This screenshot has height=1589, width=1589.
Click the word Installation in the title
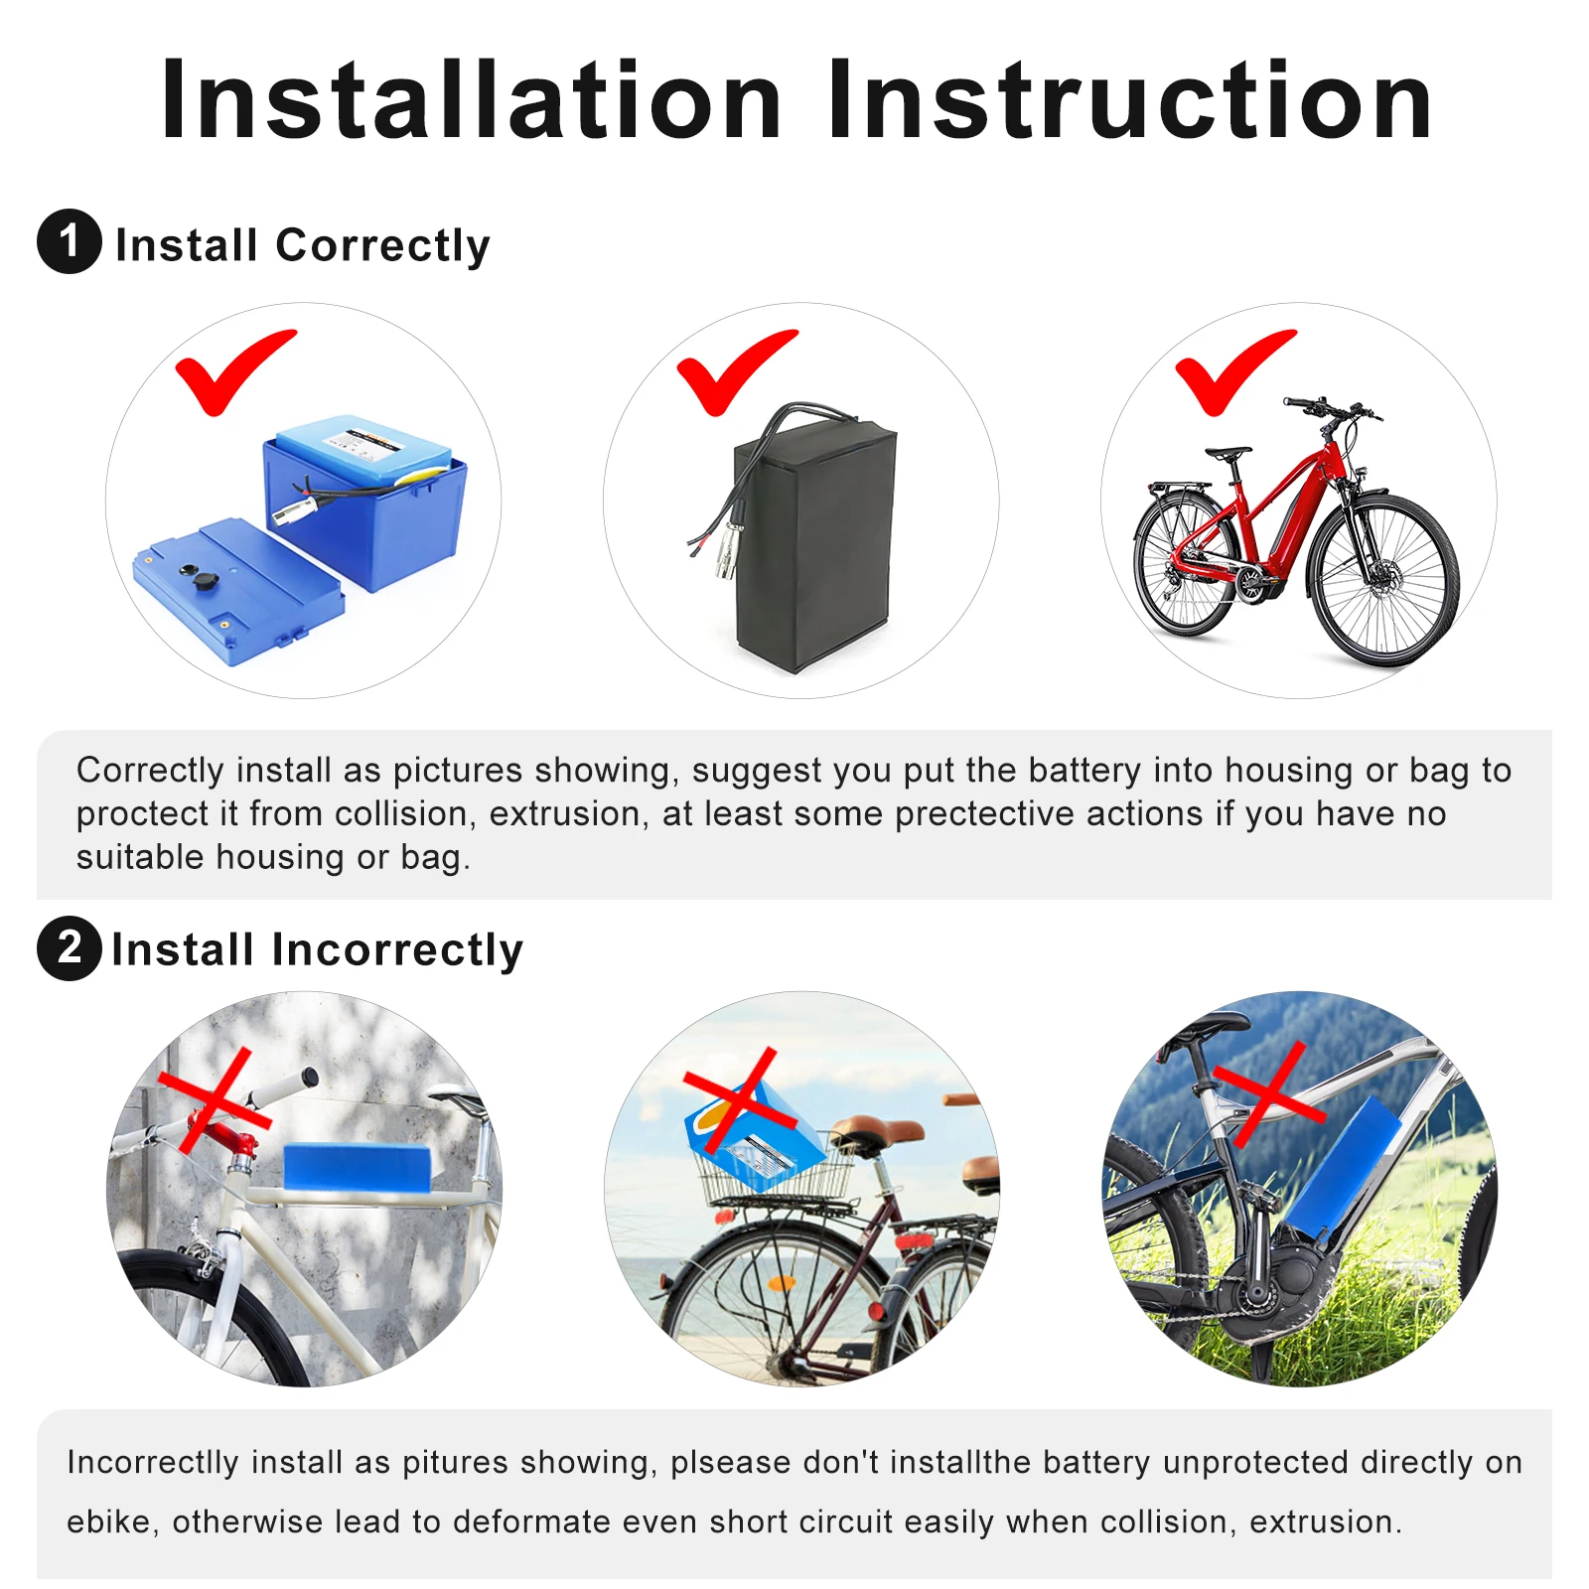[472, 101]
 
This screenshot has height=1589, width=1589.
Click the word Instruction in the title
[1129, 101]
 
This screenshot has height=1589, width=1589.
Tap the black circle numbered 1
[69, 241]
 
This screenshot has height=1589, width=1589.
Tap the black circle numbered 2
[69, 947]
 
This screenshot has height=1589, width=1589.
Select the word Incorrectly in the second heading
[396, 949]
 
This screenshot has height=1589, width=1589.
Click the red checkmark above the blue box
[233, 369]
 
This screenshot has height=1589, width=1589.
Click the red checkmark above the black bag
[735, 369]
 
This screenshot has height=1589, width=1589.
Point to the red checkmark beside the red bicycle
[1233, 369]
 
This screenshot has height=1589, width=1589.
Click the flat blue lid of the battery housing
[238, 591]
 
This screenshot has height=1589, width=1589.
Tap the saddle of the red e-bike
[1228, 453]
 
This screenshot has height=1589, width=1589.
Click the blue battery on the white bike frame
[357, 1166]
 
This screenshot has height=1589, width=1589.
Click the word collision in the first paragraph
[400, 814]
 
